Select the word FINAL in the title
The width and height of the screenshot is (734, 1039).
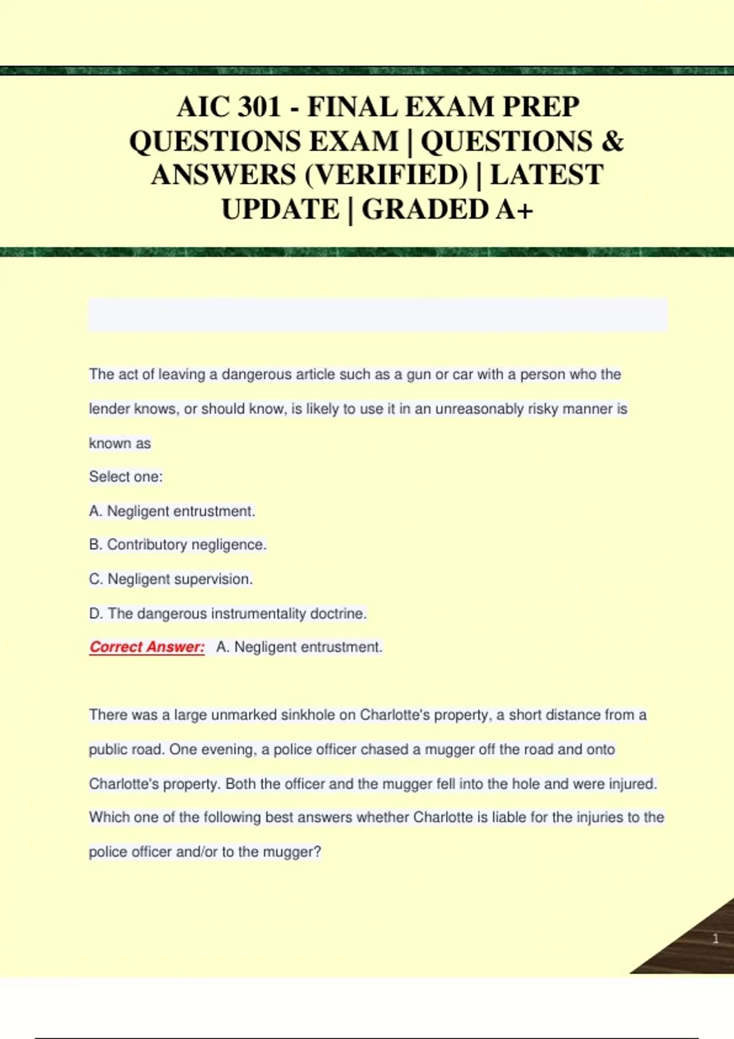352,108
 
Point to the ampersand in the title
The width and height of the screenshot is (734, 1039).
612,142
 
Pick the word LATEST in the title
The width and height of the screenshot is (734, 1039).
547,175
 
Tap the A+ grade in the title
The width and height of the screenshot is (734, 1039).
514,210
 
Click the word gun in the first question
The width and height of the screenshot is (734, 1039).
418,374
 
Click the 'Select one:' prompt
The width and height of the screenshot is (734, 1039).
126,477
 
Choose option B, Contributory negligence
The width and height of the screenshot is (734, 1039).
178,545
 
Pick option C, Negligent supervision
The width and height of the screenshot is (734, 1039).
171,579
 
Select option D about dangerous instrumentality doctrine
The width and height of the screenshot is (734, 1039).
228,614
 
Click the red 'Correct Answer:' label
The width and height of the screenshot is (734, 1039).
147,647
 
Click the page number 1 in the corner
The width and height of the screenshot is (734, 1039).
716,939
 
